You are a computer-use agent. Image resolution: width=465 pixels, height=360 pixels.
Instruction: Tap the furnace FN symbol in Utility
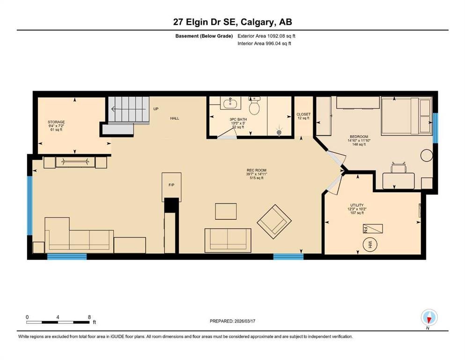click(x=373, y=229)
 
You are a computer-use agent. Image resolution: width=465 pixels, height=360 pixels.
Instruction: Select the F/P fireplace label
click(x=171, y=185)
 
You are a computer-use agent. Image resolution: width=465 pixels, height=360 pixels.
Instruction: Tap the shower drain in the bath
click(x=279, y=132)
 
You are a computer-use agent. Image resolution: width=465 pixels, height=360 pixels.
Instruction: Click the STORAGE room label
click(x=56, y=122)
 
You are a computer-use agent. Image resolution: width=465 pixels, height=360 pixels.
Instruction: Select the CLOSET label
click(x=303, y=114)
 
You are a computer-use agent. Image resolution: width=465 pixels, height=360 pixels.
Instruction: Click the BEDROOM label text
click(x=359, y=137)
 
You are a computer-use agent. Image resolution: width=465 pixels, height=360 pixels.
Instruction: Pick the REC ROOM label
click(x=257, y=170)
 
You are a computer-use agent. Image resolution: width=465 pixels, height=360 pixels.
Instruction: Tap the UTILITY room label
click(x=357, y=205)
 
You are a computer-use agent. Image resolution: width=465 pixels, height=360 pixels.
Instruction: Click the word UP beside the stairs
click(x=156, y=109)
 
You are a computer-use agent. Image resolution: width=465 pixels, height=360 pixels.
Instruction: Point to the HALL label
click(x=175, y=118)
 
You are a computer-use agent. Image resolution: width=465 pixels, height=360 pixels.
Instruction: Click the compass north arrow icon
click(x=429, y=318)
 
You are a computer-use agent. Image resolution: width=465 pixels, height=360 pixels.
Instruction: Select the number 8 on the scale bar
click(x=89, y=317)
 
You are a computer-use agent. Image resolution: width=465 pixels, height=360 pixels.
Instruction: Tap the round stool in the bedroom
click(x=427, y=155)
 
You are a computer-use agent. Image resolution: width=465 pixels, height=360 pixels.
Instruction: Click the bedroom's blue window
click(x=435, y=128)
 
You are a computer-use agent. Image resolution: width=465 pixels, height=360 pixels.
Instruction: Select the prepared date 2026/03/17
click(x=244, y=321)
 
